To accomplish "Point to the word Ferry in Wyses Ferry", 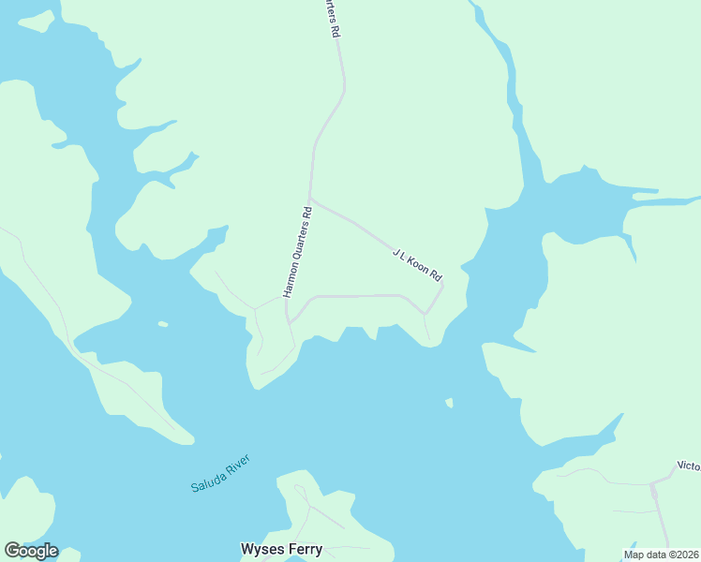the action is [304, 549].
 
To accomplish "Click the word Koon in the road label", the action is [419, 265].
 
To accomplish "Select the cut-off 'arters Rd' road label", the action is [333, 18].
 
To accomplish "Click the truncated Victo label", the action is [688, 466].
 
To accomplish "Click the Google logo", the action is [31, 551].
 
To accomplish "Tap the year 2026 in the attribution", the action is [687, 555].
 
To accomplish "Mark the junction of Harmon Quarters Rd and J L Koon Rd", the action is [310, 199].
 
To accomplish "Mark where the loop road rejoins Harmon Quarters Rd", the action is [290, 322].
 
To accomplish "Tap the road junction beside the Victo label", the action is [651, 484].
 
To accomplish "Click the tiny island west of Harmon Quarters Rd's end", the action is [163, 324].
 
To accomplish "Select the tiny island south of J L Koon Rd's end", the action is [449, 403].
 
